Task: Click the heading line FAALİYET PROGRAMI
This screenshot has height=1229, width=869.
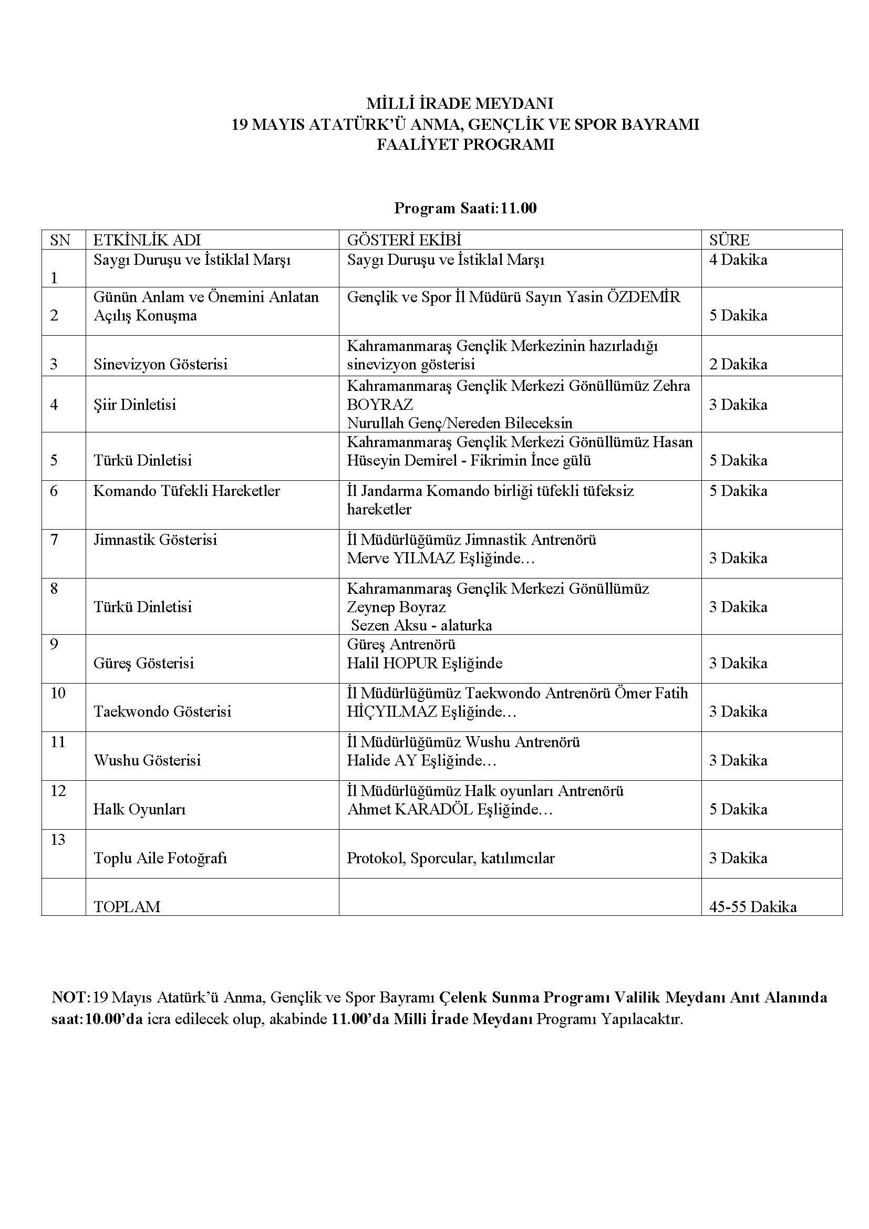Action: (465, 145)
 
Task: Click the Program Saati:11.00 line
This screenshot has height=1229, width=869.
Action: (465, 208)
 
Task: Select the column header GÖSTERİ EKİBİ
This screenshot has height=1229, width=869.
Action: (404, 240)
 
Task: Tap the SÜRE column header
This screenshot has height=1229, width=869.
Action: (729, 240)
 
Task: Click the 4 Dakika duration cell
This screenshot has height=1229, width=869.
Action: (738, 260)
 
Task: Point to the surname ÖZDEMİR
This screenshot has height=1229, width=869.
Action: (644, 297)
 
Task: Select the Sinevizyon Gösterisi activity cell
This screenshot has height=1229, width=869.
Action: (161, 365)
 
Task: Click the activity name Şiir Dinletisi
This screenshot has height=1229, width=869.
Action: (135, 405)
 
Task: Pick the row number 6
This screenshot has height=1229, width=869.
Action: (54, 491)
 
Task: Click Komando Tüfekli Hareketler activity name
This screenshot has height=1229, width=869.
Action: (187, 491)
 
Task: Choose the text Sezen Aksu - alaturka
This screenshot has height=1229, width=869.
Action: (421, 625)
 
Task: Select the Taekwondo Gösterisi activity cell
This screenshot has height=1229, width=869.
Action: (163, 711)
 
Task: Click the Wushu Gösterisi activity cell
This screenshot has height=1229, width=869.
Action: (147, 760)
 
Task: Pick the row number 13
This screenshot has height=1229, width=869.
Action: (58, 839)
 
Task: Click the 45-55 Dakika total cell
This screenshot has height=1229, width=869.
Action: (753, 907)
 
